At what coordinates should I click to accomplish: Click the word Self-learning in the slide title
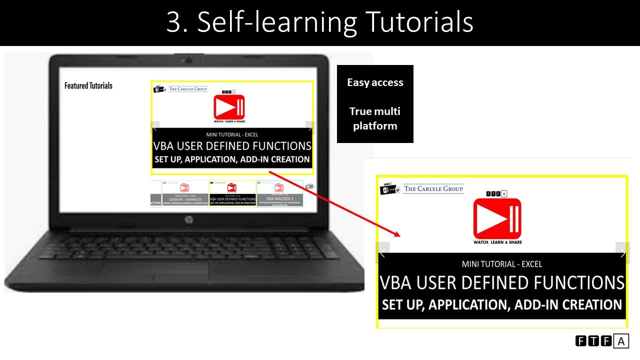coord(277,22)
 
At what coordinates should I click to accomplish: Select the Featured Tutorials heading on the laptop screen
coord(88,85)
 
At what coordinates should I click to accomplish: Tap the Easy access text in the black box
coord(375,82)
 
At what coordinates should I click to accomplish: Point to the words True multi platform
coord(375,118)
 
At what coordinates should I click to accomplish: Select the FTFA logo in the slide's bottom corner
coord(602,341)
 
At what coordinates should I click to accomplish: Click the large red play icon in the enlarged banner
coord(497,218)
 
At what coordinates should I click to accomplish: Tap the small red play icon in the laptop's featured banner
coord(229,106)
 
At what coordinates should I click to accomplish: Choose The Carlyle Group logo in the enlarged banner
coord(433,188)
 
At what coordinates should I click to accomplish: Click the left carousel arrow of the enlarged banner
coord(382,253)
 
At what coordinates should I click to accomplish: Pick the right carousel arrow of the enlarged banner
coord(622,253)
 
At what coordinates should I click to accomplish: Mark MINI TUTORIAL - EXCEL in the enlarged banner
coord(501,264)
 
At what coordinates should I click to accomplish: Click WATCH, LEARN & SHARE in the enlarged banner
coord(497,242)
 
